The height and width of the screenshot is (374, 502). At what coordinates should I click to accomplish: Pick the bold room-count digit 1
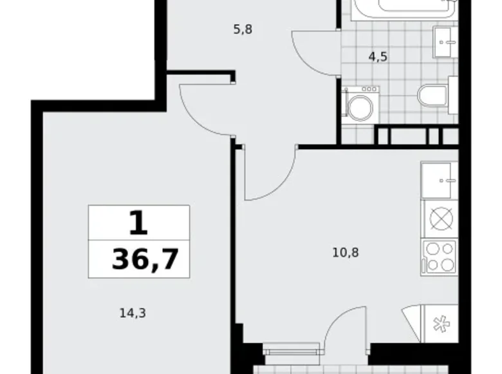138,224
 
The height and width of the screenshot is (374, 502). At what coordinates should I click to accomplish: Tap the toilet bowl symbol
432,96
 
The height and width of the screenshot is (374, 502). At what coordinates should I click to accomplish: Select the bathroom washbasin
443,43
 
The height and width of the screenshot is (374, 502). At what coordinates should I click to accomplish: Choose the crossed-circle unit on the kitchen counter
441,219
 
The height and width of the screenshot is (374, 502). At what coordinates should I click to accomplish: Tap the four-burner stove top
439,256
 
